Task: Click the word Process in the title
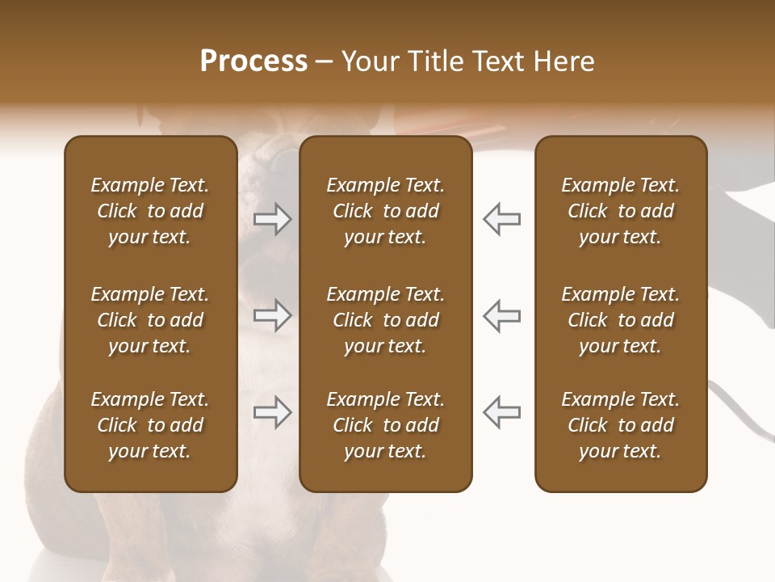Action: (253, 61)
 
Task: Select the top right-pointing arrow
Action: (273, 219)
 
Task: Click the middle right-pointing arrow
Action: (273, 315)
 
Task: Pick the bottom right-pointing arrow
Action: (273, 412)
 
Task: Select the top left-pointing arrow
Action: (502, 219)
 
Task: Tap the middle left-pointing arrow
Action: (502, 315)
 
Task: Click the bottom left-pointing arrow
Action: (502, 412)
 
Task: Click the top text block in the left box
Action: (150, 211)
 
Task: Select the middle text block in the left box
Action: (150, 320)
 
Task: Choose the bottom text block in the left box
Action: (150, 425)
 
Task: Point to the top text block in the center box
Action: (386, 211)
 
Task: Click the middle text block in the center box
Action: (386, 320)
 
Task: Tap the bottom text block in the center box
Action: (386, 425)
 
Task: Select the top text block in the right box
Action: (621, 211)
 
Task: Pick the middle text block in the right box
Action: (621, 320)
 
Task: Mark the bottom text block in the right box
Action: (621, 425)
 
